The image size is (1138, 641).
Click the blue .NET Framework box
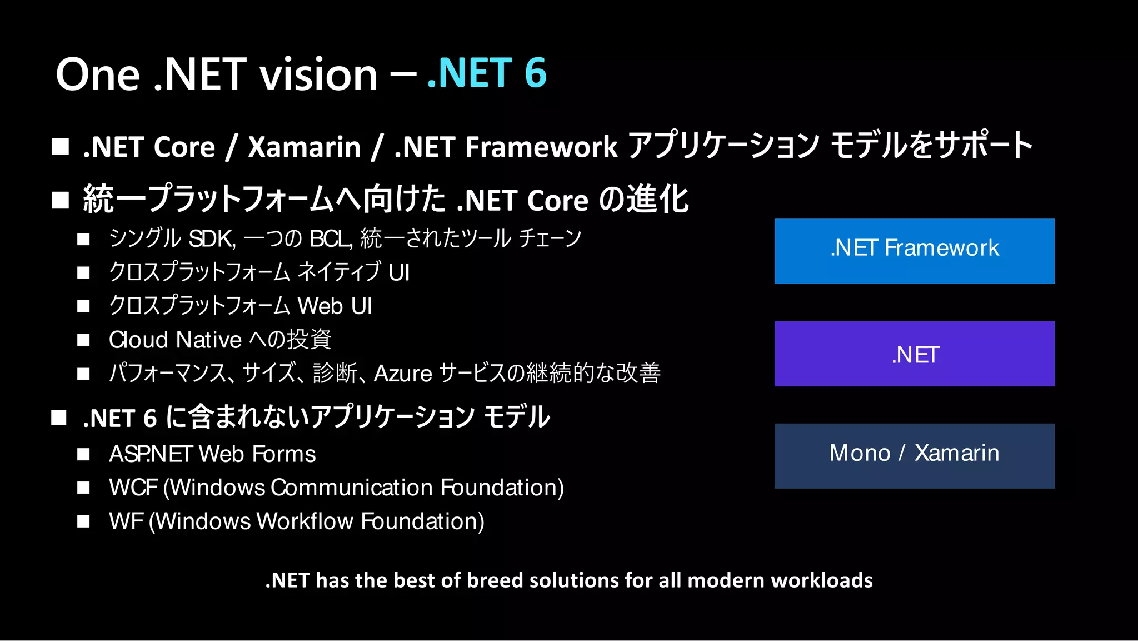(x=914, y=251)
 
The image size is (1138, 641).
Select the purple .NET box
(x=914, y=354)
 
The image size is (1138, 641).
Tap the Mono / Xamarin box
(x=914, y=456)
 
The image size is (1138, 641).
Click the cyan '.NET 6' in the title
(x=487, y=73)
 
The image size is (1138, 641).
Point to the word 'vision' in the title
(x=319, y=75)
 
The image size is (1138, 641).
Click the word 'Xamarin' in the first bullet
(x=305, y=147)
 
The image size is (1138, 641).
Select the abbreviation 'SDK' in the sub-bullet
(x=212, y=238)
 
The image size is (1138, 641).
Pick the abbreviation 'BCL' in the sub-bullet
(x=331, y=238)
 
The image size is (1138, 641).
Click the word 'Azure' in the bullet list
(x=403, y=374)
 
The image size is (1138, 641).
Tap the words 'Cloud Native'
(x=175, y=340)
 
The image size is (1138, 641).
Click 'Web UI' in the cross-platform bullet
(x=335, y=306)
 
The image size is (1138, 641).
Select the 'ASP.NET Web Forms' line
(x=212, y=454)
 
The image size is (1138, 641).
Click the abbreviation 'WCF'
(x=133, y=488)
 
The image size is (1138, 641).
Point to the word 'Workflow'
(x=305, y=521)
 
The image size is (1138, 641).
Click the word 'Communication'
(x=352, y=488)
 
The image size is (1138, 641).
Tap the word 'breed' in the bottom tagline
(x=495, y=580)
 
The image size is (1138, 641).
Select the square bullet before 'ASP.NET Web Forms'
(x=83, y=455)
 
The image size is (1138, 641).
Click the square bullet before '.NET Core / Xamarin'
(x=60, y=147)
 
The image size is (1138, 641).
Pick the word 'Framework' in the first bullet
(x=541, y=147)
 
